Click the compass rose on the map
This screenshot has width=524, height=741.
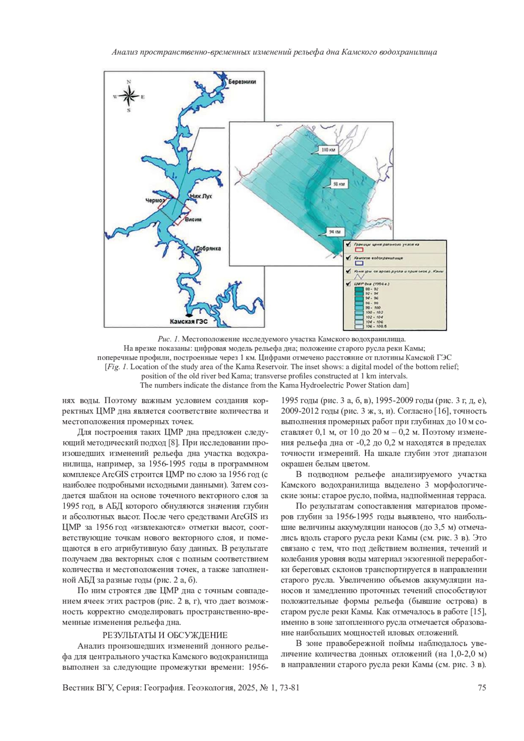tap(129, 96)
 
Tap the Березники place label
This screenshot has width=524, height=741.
tap(242, 82)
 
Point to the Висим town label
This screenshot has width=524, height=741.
tap(193, 220)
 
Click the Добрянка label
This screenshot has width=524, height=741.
tap(208, 249)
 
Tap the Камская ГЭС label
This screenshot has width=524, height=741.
tap(188, 321)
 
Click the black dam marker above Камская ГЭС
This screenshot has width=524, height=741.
tap(188, 314)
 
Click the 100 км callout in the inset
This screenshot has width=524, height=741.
tap(328, 150)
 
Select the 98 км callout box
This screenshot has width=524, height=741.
tap(338, 185)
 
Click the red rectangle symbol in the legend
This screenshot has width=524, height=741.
tap(359, 250)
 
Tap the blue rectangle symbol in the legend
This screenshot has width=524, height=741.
tap(359, 263)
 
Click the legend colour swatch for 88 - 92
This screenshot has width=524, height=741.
tap(359, 289)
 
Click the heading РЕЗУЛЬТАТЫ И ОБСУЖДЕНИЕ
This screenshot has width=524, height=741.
tap(165, 635)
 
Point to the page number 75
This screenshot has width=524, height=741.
tap(482, 688)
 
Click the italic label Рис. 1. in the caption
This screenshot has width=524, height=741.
tap(169, 339)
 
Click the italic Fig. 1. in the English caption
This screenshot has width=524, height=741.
tap(117, 367)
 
